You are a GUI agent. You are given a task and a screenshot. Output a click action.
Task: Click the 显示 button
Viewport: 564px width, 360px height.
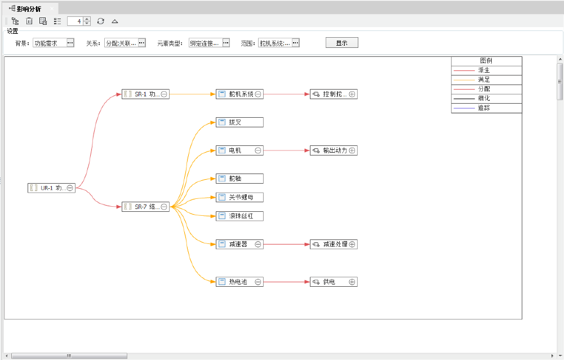341,43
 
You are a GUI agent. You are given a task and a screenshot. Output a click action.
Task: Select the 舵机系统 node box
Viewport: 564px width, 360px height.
240,94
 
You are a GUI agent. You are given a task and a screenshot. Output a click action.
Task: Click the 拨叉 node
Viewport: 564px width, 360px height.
239,122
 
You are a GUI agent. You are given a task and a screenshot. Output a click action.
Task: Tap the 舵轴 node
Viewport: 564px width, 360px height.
239,179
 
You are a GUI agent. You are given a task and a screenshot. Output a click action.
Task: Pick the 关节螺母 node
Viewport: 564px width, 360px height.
239,197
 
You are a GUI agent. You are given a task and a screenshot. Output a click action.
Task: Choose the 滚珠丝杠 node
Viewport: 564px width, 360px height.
239,216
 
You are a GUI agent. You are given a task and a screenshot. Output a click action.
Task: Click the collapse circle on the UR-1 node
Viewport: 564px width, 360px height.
70,188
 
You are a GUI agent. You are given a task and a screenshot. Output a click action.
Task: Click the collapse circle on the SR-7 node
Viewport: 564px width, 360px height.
164,207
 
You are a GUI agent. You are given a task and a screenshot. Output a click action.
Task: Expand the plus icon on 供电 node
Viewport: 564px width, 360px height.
352,282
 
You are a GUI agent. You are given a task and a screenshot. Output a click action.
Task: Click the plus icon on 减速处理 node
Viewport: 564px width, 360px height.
352,245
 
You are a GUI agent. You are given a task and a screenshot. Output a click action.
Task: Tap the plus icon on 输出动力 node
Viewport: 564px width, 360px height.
352,150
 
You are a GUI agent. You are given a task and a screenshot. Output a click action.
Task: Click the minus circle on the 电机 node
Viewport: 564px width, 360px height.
258,150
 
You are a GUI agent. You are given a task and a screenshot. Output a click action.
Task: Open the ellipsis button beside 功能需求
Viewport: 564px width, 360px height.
70,43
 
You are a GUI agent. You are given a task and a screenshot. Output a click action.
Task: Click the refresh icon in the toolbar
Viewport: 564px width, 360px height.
100,21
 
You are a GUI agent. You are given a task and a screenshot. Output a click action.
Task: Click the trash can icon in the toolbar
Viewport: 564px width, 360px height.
29,21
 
